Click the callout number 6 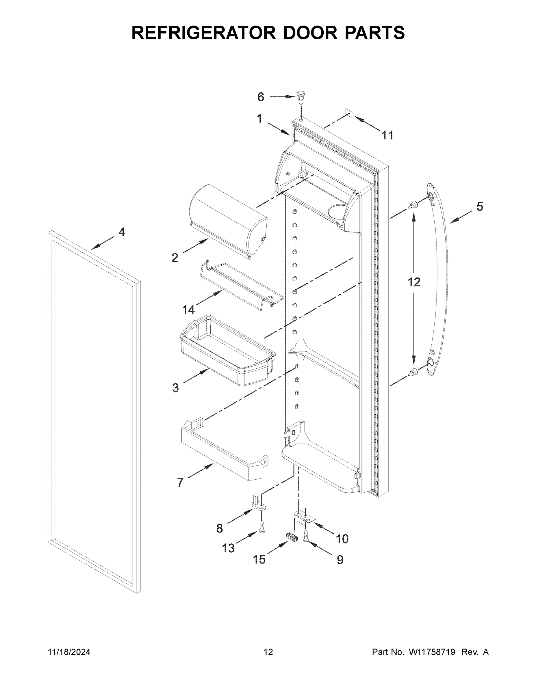[x=260, y=97]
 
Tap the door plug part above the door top [x=301, y=96]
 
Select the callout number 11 [x=387, y=135]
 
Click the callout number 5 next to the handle [x=479, y=207]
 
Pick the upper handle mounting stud [x=413, y=205]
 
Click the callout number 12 [x=414, y=282]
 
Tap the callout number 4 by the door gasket [x=122, y=232]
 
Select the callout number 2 [x=175, y=258]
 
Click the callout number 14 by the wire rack [x=188, y=309]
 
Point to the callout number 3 [x=175, y=388]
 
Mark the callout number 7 [x=180, y=483]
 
